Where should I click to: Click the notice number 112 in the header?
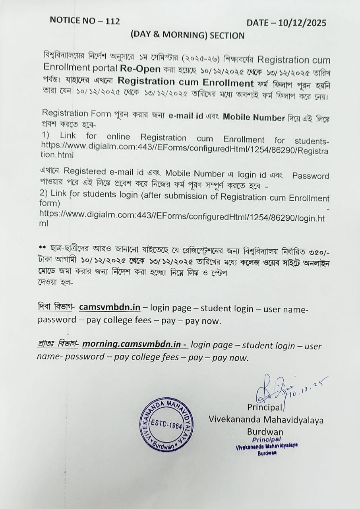[112, 21]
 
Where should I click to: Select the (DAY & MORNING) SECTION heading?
[188, 35]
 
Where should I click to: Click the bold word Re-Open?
[141, 68]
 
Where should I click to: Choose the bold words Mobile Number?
[254, 117]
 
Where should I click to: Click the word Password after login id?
[311, 176]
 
